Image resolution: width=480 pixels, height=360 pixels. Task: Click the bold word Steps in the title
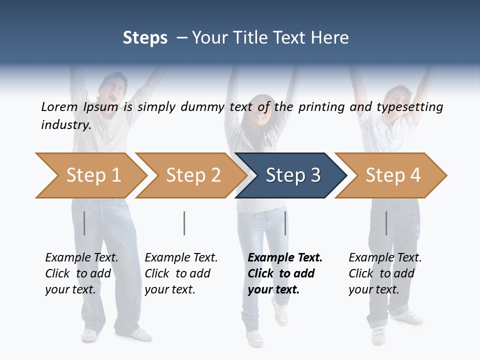click(145, 38)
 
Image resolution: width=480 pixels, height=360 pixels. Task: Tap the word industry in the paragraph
click(66, 124)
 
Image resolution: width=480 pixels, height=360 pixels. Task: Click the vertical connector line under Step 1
click(84, 223)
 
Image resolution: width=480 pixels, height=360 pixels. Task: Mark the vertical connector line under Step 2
click(184, 223)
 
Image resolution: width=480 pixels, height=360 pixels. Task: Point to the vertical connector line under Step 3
click(285, 223)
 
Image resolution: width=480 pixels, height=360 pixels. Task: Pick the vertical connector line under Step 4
click(386, 223)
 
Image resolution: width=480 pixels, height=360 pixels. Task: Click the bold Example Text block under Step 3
click(285, 273)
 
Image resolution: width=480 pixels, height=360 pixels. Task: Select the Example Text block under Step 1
click(81, 273)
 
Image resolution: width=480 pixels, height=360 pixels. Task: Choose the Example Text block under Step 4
click(385, 273)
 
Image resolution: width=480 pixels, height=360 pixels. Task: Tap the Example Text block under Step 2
click(181, 273)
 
